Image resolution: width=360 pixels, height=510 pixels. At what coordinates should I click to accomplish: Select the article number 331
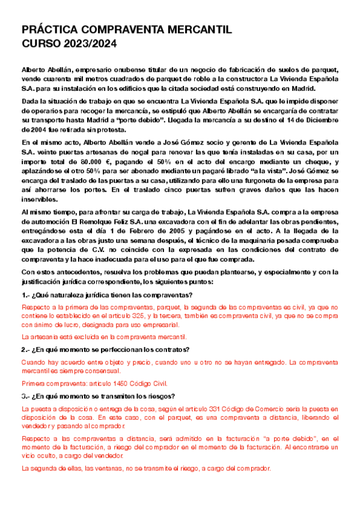tap(209, 409)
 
